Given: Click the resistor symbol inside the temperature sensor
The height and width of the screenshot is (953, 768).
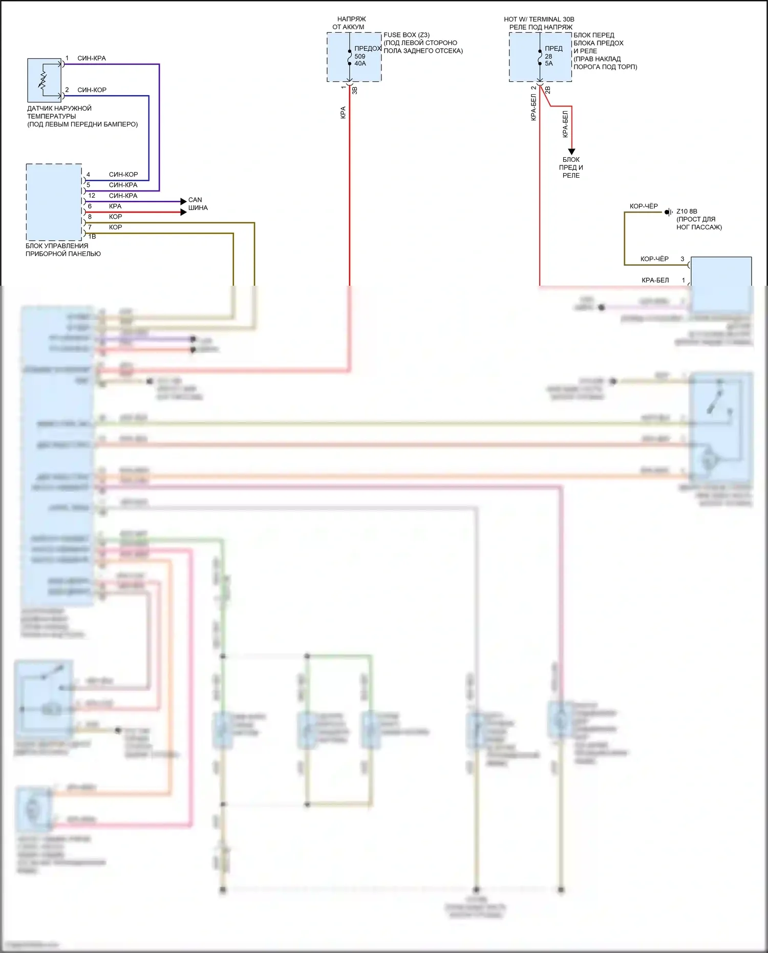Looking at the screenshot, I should point(44,81).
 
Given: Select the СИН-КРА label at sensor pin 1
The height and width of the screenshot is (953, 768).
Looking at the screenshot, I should point(92,58).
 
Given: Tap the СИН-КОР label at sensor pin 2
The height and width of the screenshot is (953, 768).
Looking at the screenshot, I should point(92,90).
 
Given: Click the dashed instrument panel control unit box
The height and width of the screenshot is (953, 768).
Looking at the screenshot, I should point(54,202).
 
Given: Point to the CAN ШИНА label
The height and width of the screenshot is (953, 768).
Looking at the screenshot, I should point(198,204).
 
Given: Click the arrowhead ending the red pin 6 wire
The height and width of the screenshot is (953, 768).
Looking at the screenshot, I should point(184,212).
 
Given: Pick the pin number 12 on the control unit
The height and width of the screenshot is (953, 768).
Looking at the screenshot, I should point(92,196).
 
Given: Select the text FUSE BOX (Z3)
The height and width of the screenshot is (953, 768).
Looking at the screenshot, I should point(407,35).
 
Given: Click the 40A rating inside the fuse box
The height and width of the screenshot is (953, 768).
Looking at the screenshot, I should point(360,63).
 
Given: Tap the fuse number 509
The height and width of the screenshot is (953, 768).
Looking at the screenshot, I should point(360,56).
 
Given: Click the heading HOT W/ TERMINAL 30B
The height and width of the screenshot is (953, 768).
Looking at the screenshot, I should point(539,19).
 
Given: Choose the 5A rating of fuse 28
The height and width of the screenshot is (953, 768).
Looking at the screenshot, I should point(548,63).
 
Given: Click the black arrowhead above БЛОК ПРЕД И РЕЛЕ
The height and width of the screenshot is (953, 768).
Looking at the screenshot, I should point(571,152).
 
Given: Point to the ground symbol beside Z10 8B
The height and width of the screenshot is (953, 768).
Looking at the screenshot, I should point(668,212).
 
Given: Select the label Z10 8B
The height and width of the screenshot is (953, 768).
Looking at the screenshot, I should point(687,211).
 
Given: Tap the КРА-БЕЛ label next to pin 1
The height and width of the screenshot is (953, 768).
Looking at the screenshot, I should point(655,280).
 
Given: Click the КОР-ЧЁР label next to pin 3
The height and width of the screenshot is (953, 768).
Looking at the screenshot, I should point(654,259).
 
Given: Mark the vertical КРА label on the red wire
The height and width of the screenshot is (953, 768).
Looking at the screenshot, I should point(343,113).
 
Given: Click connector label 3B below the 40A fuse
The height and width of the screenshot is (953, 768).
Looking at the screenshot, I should point(355,90).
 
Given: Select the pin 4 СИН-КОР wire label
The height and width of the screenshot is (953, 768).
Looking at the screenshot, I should point(123,175).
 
